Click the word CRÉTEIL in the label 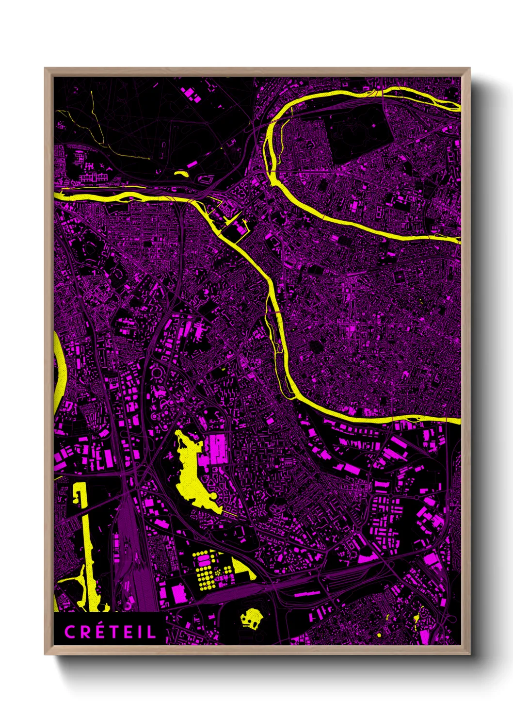111,632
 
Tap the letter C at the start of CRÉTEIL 69,632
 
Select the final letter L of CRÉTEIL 152,632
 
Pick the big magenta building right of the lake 218,449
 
